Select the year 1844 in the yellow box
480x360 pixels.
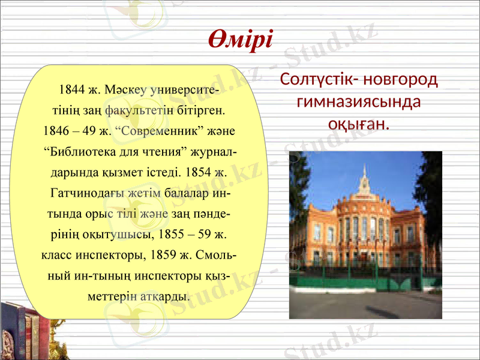pyautogui.click(x=70, y=91)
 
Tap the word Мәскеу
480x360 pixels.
pyautogui.click(x=125, y=91)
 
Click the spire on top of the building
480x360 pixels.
pyautogui.click(x=363, y=175)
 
